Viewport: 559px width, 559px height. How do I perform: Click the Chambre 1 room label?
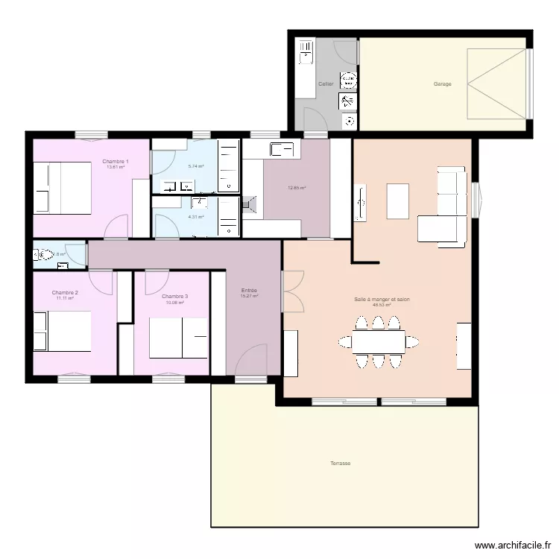tap(116, 162)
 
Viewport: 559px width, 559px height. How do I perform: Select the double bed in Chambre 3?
tap(178, 338)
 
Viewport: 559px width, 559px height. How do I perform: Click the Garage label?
tap(443, 84)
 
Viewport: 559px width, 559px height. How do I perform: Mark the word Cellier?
tap(326, 84)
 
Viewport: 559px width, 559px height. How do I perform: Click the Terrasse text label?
tap(341, 463)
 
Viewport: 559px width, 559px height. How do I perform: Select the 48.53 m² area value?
tap(382, 304)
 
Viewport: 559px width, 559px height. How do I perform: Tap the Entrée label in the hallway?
tap(249, 290)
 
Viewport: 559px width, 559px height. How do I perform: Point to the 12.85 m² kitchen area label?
tap(297, 188)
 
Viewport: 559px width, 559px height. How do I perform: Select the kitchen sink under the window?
tap(280, 149)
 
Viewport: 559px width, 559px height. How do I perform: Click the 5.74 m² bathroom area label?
tap(196, 167)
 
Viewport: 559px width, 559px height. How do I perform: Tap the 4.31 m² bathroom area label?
tap(196, 217)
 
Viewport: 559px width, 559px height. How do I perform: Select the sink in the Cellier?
tap(306, 51)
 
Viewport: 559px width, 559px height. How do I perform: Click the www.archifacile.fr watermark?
tap(512, 546)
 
